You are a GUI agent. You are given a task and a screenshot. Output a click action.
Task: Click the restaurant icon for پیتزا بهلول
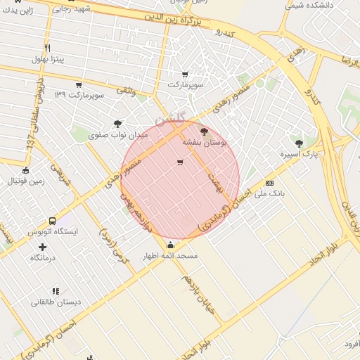click(47, 48)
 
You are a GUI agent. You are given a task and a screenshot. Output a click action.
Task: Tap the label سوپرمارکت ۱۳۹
click(78, 94)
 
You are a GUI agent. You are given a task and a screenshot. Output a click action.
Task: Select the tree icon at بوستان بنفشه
click(205, 131)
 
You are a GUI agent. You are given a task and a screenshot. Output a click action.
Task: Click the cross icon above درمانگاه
click(44, 247)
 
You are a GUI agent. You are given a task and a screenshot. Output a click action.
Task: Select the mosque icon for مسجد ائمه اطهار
click(170, 245)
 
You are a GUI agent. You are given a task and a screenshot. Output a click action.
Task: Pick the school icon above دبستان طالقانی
click(56, 291)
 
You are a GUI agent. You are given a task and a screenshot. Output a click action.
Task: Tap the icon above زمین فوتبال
click(26, 170)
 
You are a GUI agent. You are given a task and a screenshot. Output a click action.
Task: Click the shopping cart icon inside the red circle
click(180, 163)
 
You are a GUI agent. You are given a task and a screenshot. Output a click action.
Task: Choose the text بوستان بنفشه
click(205, 141)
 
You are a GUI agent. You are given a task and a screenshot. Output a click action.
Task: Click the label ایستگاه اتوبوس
click(53, 231)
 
